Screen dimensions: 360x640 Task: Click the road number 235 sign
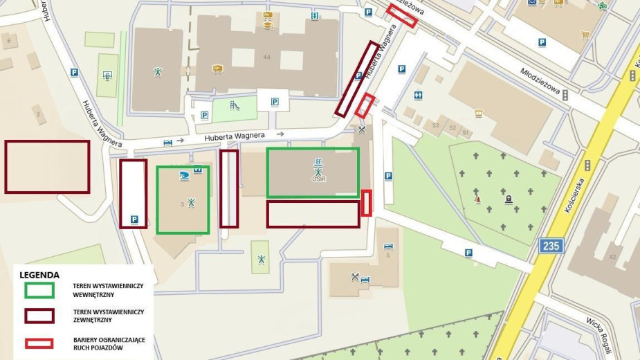point(552,245)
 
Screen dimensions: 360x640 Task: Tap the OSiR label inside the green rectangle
point(318,179)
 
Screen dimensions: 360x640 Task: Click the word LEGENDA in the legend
point(39,275)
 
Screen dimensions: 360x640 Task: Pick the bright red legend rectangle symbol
point(39,343)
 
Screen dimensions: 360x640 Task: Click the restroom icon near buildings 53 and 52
point(419,95)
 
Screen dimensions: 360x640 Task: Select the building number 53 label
point(436,125)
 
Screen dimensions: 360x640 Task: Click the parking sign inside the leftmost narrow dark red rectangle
point(134,219)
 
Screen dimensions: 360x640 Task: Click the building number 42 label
point(612,257)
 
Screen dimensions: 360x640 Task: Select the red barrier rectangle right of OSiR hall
point(367,203)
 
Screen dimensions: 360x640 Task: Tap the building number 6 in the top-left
point(8,41)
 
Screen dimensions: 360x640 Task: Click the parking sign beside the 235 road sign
point(468,253)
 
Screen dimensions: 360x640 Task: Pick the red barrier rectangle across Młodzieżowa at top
point(402,16)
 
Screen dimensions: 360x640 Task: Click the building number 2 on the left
point(38,114)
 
